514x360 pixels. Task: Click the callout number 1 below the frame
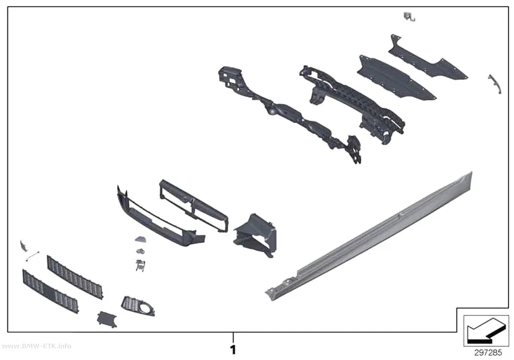point(233,350)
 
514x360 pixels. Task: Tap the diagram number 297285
point(488,353)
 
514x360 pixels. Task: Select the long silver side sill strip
point(369,236)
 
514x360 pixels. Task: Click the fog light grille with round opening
point(138,307)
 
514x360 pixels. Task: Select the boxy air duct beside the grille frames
point(255,235)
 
